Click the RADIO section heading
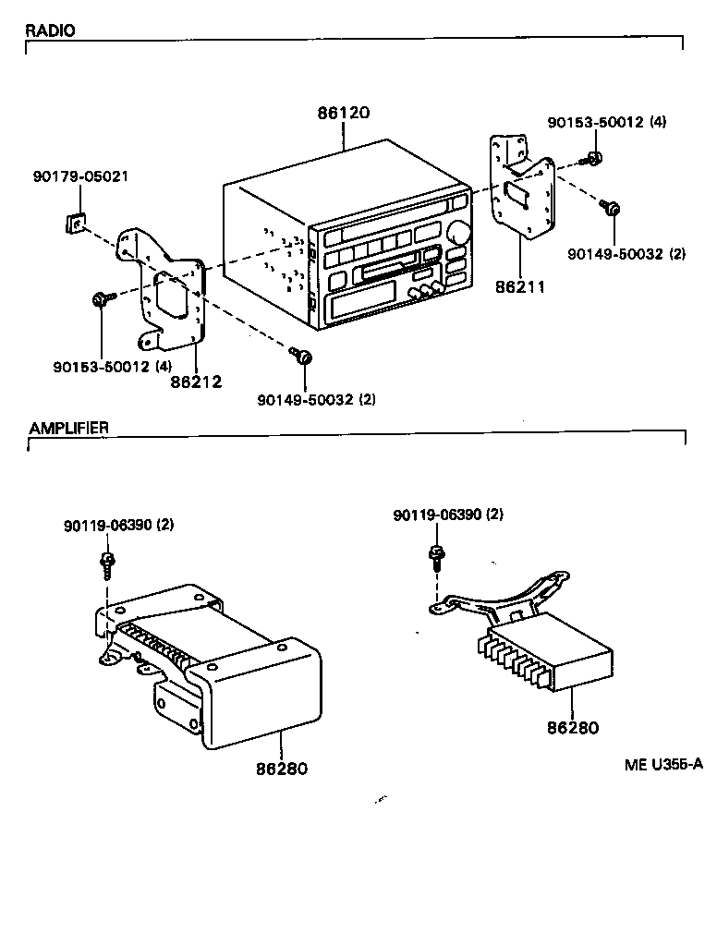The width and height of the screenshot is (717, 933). click(x=50, y=30)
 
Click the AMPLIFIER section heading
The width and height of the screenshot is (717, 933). click(x=68, y=428)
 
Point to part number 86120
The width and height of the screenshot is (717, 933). click(x=344, y=114)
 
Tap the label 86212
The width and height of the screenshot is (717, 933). click(x=196, y=380)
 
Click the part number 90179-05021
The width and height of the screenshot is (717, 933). click(x=80, y=176)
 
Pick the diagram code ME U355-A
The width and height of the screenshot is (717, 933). click(x=662, y=763)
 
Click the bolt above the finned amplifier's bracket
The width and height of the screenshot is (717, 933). click(x=435, y=556)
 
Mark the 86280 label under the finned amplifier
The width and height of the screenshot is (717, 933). click(x=572, y=727)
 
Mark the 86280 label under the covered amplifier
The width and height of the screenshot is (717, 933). click(x=280, y=768)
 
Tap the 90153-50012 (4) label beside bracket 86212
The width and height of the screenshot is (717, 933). click(x=112, y=366)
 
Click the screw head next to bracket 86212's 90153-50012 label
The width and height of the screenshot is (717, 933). click(x=99, y=298)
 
